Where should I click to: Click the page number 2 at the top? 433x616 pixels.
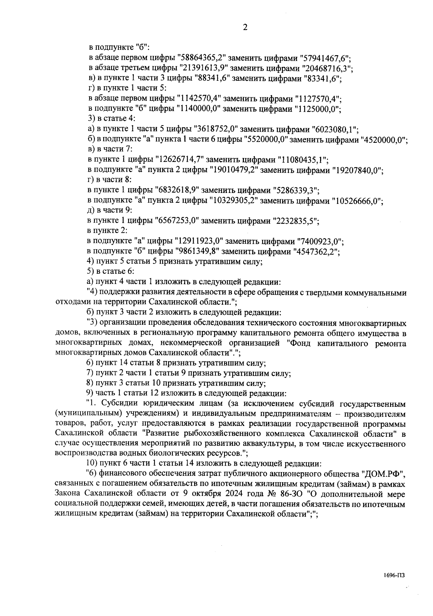tap(245, 28)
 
